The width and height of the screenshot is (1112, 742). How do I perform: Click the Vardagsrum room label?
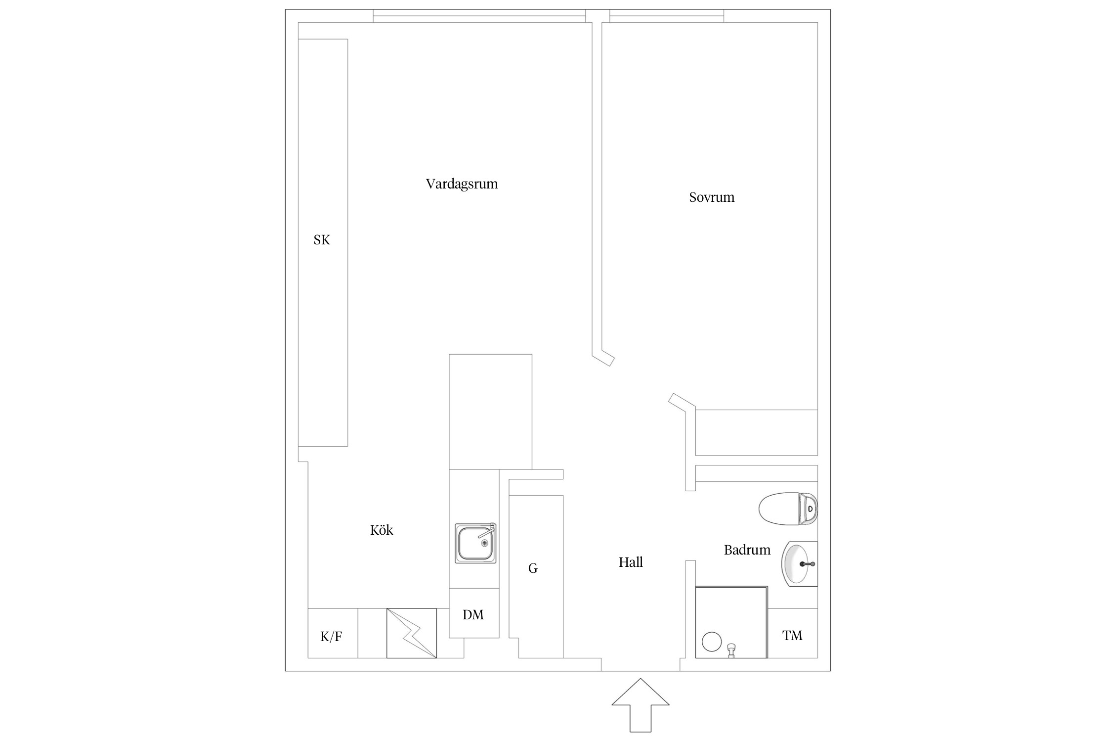(462, 184)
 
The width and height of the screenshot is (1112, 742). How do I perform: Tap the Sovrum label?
(712, 197)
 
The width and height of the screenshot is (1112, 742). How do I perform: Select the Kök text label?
(382, 530)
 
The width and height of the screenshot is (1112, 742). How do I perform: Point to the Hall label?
(631, 562)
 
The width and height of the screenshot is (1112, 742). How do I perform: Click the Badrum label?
(747, 550)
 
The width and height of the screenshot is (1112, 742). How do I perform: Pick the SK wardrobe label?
(322, 240)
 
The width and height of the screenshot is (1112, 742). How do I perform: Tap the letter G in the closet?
(533, 568)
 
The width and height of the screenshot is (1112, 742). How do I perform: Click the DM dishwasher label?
(473, 615)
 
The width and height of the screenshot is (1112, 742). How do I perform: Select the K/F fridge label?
(331, 637)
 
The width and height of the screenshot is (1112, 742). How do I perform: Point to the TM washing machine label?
(792, 636)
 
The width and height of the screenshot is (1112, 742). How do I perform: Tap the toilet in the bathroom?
(786, 509)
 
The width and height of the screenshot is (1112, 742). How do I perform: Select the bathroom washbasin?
(797, 564)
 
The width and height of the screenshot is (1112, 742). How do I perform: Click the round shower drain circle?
(711, 642)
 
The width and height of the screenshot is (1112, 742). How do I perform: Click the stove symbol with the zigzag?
(411, 633)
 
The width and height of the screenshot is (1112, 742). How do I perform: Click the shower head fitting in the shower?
(731, 649)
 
